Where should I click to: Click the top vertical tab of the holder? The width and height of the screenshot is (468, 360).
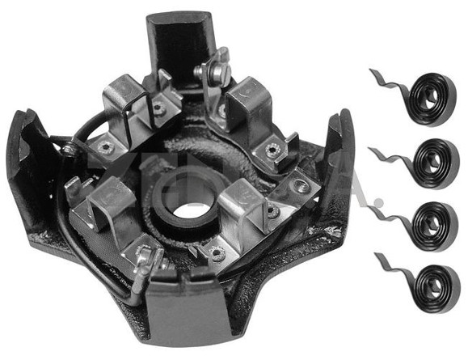[x=178, y=40]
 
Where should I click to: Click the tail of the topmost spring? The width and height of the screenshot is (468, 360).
[x=383, y=82]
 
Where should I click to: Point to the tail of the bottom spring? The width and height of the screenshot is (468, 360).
[x=386, y=265]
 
